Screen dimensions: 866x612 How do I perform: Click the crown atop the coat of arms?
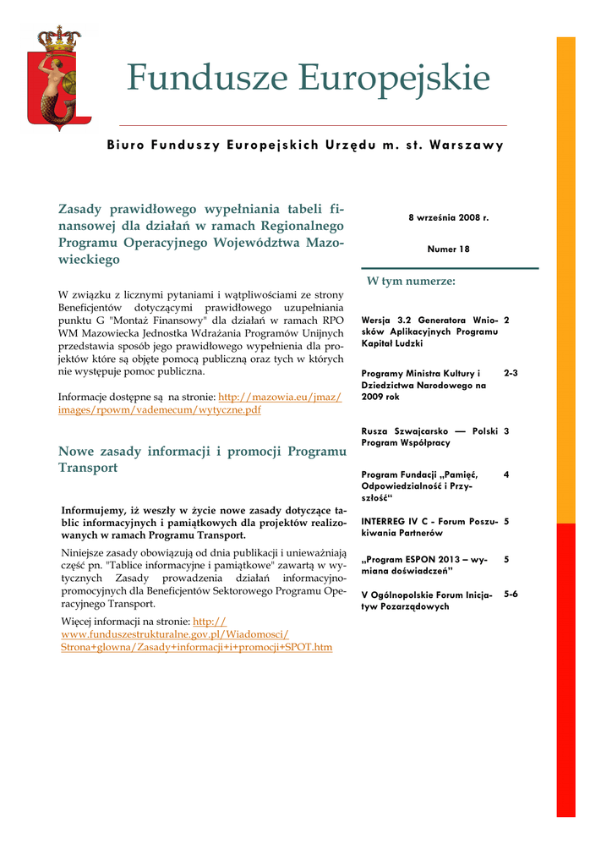[x=57, y=37]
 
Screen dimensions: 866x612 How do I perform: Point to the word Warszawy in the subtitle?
[x=466, y=145]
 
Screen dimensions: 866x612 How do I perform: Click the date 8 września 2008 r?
[x=449, y=217]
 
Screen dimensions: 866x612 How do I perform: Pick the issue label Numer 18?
[x=449, y=249]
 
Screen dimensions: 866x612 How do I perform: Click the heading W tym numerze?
[x=411, y=281]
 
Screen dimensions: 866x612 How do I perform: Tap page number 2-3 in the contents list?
[x=511, y=372]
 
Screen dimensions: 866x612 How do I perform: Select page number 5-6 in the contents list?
[x=511, y=594]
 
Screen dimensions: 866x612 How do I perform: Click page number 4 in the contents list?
[x=506, y=474]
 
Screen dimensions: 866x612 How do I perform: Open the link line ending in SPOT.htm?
[x=196, y=647]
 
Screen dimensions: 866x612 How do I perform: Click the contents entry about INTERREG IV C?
[x=429, y=527]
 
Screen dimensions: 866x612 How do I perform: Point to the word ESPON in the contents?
[x=431, y=560]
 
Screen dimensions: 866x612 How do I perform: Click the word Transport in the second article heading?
[x=88, y=468]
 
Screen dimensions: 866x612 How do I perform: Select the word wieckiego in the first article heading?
[x=89, y=260]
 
